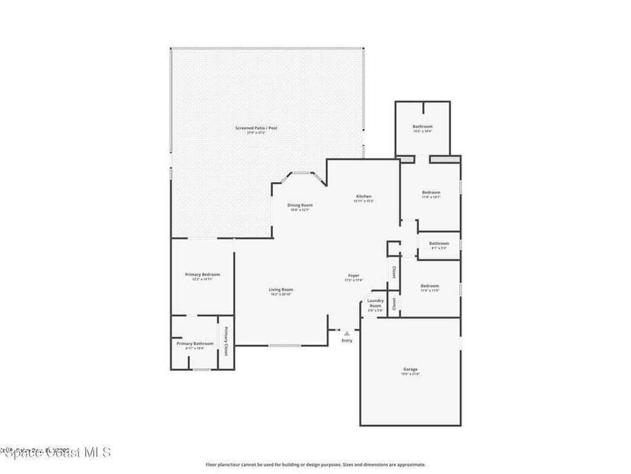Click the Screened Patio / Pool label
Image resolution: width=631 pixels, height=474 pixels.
coord(256,128)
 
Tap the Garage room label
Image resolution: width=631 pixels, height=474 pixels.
coord(410,370)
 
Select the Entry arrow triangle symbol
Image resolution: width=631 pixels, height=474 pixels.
coord(347,334)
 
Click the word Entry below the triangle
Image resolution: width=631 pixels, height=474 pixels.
coord(347,341)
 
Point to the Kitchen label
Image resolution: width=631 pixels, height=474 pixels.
coord(363,197)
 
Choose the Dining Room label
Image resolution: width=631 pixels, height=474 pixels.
coord(299,206)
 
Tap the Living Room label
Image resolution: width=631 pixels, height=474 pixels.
coord(280,290)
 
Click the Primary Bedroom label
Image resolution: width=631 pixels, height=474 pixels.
coord(202,275)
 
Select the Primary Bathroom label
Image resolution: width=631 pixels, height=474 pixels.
coord(195,344)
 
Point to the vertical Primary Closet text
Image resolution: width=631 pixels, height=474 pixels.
coord(226,341)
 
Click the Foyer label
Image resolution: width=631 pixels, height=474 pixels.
coord(353,276)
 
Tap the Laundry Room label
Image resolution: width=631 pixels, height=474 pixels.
coord(375,303)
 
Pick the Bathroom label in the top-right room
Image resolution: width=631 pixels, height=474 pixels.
coord(422,127)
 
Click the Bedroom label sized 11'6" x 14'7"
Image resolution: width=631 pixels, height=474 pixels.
coord(431,193)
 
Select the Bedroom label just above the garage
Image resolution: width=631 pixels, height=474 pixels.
coord(429,286)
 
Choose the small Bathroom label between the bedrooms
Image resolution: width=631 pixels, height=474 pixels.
coord(439,244)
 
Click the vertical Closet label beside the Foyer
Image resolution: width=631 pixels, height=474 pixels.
coord(394,272)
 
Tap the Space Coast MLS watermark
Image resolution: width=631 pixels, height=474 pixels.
coord(55,452)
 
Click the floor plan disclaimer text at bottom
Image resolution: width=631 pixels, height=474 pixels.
coord(315,465)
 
